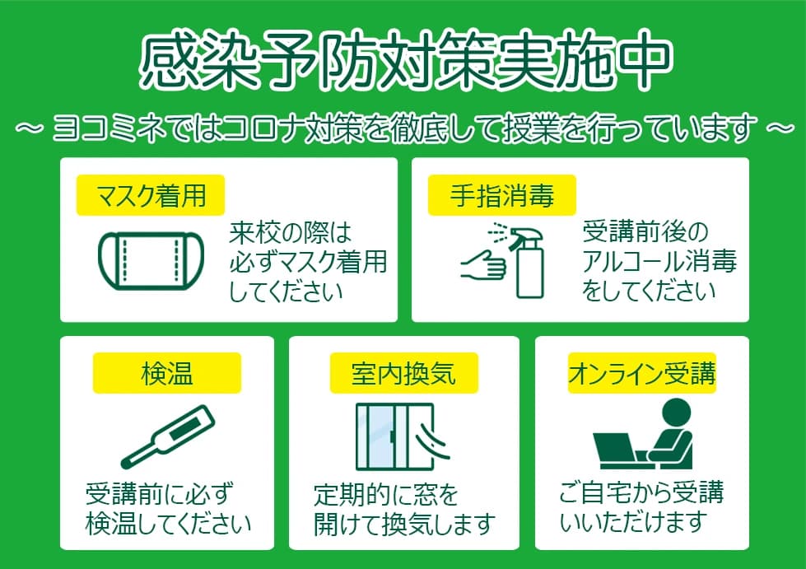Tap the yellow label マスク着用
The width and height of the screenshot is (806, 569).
[151, 197]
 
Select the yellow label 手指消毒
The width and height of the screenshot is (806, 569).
[501, 197]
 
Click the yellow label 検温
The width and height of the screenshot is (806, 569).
[166, 374]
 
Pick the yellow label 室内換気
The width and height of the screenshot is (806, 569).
[403, 374]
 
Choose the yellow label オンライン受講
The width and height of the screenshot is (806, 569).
[641, 374]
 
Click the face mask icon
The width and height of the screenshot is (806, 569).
[153, 261]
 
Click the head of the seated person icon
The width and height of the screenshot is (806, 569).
[677, 412]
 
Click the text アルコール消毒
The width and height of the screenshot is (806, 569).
[659, 262]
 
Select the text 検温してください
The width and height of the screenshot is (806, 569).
[169, 523]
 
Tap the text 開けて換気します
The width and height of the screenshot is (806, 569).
[404, 523]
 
